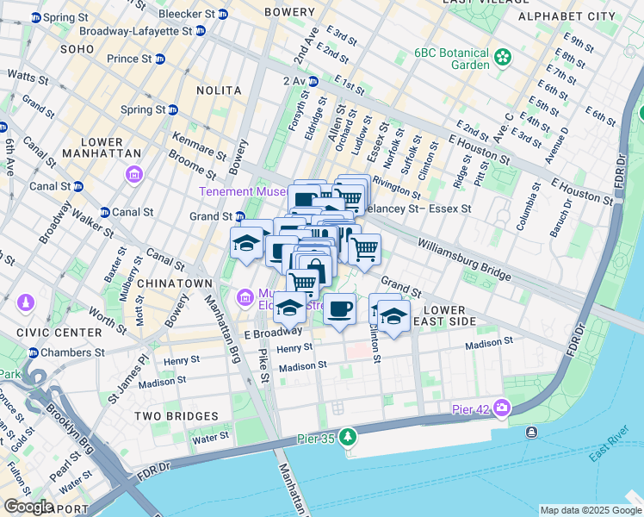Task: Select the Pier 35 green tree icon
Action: [x=348, y=437]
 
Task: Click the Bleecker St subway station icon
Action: [x=223, y=15]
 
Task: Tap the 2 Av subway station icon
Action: [x=313, y=81]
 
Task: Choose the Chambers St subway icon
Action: [x=34, y=352]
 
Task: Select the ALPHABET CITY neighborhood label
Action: [x=566, y=16]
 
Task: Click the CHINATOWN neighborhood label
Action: [x=178, y=283]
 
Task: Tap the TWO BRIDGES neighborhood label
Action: [x=176, y=415]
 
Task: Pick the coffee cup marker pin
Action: [x=340, y=309]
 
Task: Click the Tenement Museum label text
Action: [x=239, y=191]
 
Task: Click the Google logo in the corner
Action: [x=28, y=507]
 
